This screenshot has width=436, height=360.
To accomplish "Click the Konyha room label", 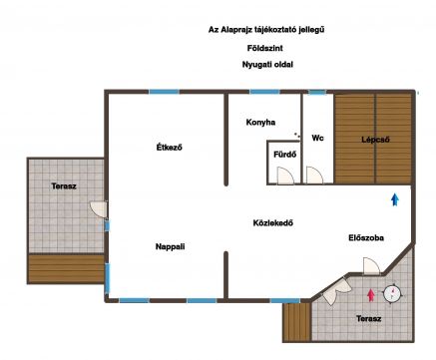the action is point(260,123).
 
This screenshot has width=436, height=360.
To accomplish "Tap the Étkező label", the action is point(170,147).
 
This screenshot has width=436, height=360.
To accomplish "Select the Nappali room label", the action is point(170,246).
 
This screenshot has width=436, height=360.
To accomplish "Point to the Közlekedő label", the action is point(273,222).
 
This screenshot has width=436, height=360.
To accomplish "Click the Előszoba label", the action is point(366,237).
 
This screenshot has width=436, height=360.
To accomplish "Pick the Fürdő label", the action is point(284,155).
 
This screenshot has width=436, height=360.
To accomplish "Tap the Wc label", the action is point(317,138).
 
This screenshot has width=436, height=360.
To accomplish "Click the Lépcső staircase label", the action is point(375,140).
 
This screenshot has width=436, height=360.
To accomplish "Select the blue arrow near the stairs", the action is point(395,199).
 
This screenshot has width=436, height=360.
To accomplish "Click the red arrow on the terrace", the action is point(371,295).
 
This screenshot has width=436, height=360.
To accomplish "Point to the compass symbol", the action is point(392,294).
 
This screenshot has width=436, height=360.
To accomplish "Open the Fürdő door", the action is point(285,176).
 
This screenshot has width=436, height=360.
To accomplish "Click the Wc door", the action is point(314,176).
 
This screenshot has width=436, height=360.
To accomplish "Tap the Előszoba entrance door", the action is point(371,266).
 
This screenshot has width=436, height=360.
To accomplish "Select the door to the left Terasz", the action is point(99,209).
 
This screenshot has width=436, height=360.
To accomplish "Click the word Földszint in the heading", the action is point(265,48).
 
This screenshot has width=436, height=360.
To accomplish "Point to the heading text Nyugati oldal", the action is point(267,65).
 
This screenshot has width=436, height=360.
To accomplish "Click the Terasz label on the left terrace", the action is point(64,186).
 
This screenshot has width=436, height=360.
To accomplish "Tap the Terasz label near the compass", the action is point(368,319).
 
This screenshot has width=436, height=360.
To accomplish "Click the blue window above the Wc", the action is point(317,93).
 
